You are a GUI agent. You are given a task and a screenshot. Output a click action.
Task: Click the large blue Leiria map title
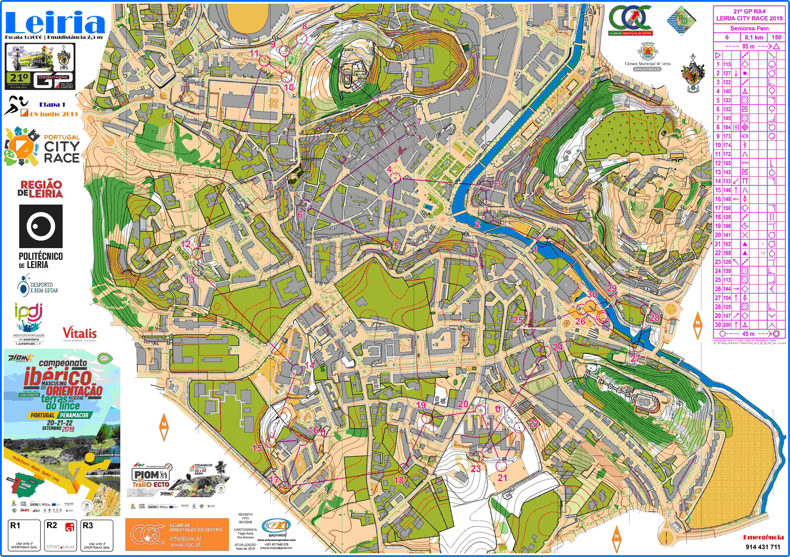pos(55,23)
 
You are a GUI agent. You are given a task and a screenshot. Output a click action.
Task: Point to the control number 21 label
pos(502,477)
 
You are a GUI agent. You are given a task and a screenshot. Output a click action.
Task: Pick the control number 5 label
pos(396,245)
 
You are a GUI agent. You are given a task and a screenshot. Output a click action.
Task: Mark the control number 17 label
pos(274,480)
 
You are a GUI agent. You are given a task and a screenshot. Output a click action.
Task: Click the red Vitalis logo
pos(79,333)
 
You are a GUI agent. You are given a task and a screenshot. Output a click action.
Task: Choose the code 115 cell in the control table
pos(727,64)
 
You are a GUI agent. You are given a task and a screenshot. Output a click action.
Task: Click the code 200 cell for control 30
pos(727,325)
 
